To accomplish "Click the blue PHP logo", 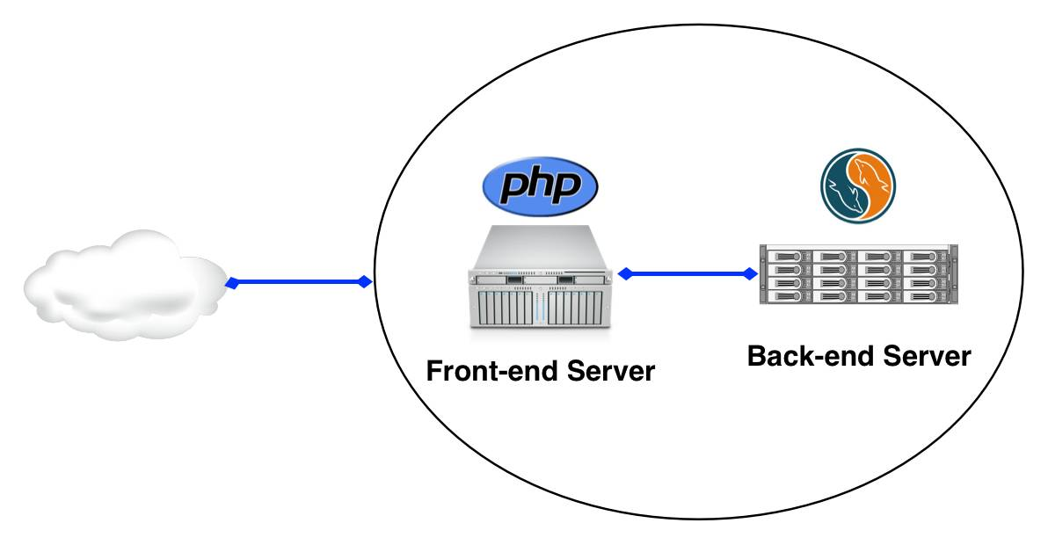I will [540, 185].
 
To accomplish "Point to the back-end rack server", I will [858, 274].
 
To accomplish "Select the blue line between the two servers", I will [687, 274].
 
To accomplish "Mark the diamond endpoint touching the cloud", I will [232, 283].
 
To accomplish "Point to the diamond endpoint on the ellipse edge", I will [363, 282].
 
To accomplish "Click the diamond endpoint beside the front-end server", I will [625, 274].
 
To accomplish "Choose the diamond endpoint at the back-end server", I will [750, 274].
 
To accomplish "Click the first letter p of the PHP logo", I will [513, 189].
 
